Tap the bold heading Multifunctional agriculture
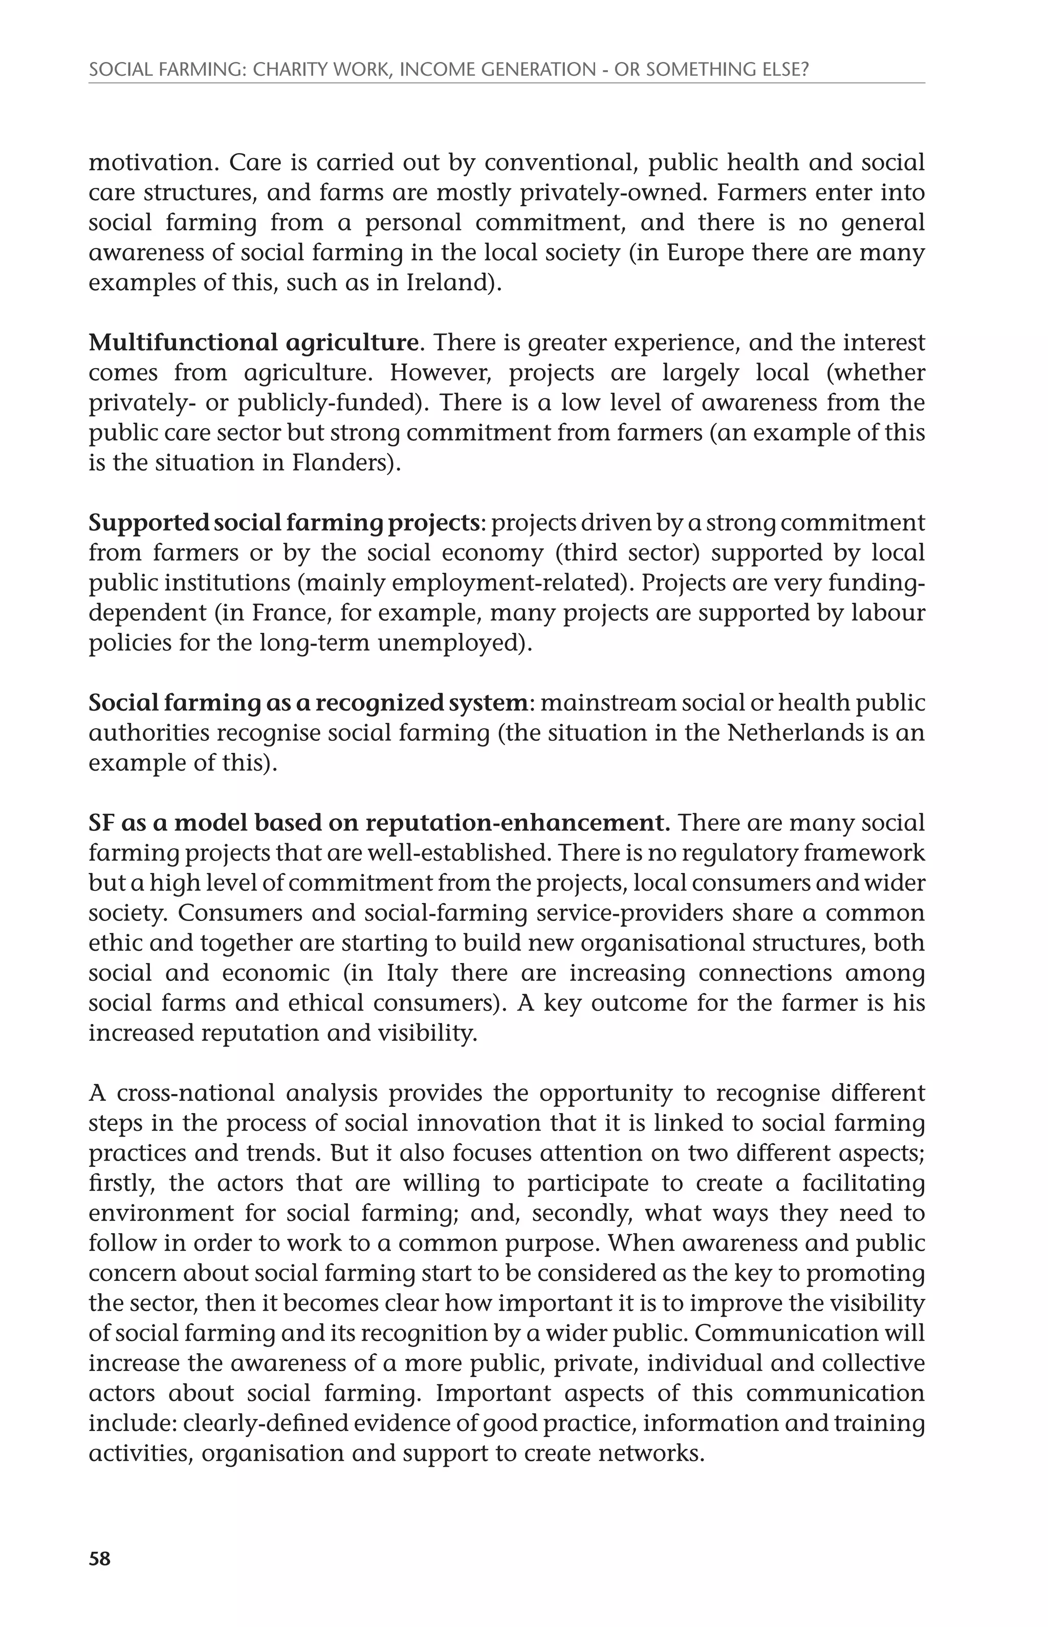pyautogui.click(x=253, y=342)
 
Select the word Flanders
pyautogui.click(x=339, y=463)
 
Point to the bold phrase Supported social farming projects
pyautogui.click(x=285, y=523)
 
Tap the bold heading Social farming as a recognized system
pyautogui.click(x=308, y=702)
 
